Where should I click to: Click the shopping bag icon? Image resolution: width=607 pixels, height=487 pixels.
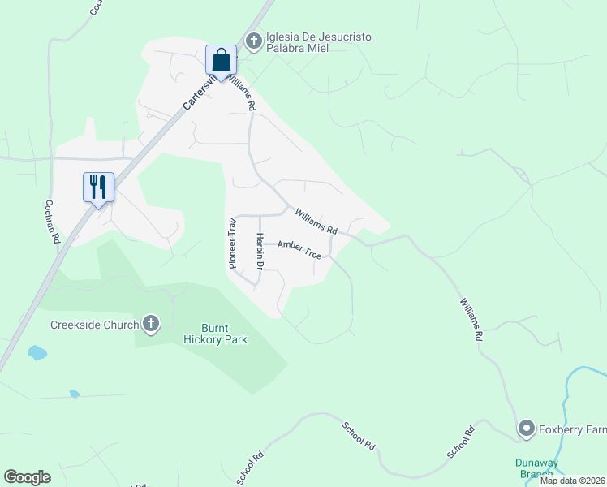221,59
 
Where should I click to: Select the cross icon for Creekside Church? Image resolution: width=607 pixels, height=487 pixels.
150,325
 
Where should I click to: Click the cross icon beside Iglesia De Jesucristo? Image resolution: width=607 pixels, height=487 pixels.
254,40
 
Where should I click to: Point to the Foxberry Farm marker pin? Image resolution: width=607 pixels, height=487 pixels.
526,428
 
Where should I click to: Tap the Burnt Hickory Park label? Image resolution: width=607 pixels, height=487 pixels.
215,334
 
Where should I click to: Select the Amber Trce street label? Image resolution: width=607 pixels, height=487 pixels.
299,249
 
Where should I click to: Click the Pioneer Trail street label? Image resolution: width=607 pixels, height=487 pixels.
232,243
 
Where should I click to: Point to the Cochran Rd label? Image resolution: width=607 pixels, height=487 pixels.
53,222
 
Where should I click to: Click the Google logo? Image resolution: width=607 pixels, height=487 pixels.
27,477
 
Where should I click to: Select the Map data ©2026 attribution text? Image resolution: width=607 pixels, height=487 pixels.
572,481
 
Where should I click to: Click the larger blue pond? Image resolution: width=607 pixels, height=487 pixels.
37,352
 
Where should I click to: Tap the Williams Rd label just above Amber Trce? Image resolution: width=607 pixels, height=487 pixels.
316,221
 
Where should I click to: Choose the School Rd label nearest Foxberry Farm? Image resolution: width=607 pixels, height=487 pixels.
460,442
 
